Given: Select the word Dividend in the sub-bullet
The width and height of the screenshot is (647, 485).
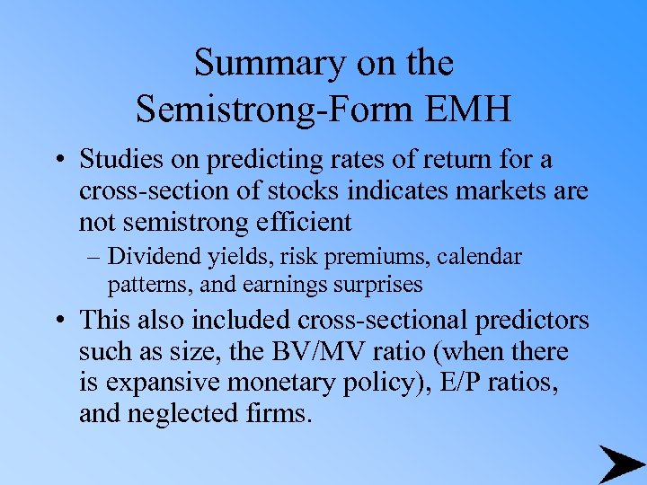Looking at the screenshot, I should tap(148, 259).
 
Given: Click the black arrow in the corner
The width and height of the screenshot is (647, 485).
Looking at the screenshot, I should tap(620, 463).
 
